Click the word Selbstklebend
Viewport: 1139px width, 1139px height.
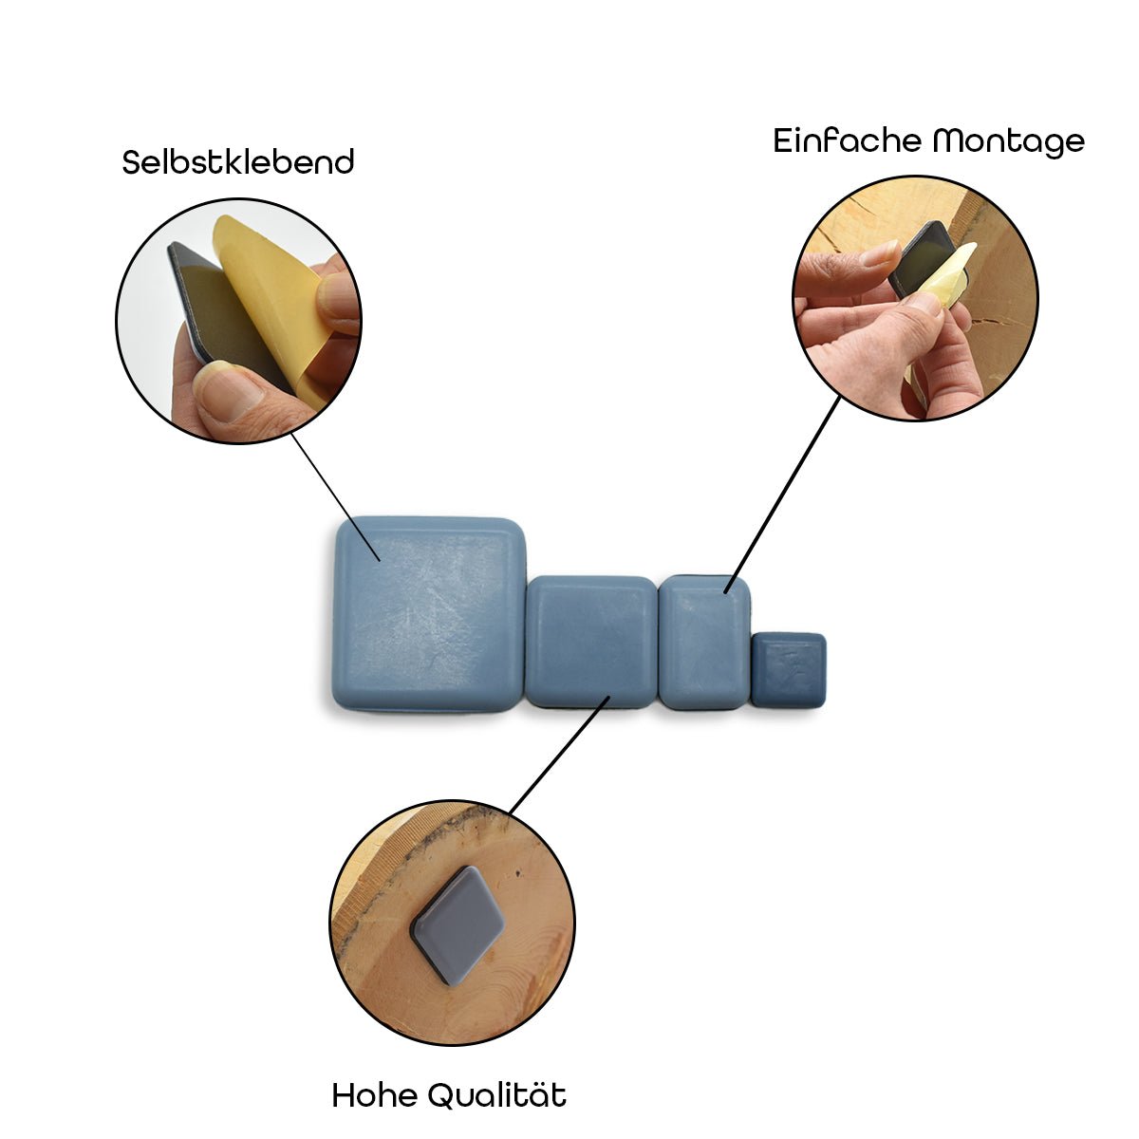238,162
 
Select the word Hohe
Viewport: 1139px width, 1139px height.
374,1095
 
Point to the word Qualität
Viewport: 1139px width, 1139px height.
496,1095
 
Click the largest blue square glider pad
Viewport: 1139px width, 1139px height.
429,614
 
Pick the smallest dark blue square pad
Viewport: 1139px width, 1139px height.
789,669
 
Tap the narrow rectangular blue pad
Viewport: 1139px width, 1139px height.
704,642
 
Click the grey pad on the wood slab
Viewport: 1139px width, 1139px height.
457,924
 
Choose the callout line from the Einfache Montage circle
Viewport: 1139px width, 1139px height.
783,494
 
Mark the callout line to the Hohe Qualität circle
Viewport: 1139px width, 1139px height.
558,756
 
